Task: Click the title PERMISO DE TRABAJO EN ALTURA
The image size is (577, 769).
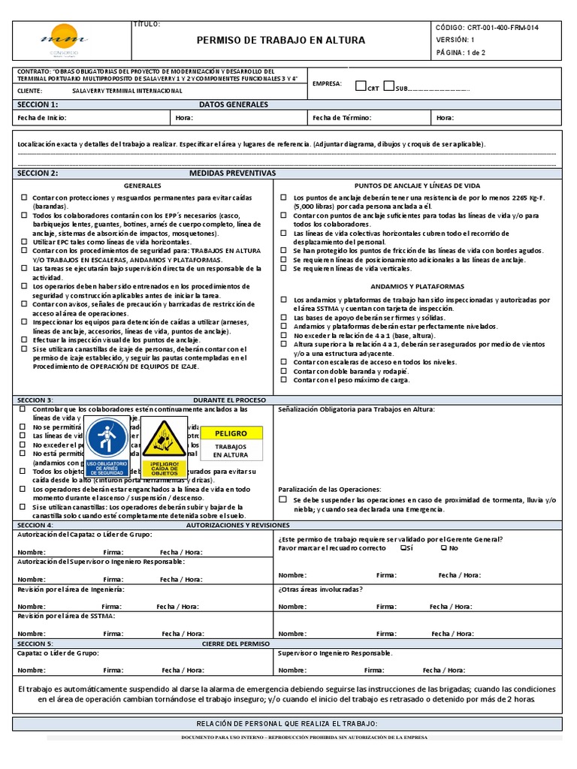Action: (281, 41)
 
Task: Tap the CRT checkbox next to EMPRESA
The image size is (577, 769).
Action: (361, 86)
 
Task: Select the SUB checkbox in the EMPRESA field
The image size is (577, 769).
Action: (388, 86)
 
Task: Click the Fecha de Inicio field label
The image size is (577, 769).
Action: (42, 118)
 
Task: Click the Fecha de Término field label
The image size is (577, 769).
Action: (342, 118)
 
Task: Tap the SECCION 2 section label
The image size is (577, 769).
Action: (38, 173)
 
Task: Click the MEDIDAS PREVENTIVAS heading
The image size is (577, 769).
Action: (232, 173)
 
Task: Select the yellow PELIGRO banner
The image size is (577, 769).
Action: (231, 433)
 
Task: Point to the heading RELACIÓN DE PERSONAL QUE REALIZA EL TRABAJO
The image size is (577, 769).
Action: (286, 723)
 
